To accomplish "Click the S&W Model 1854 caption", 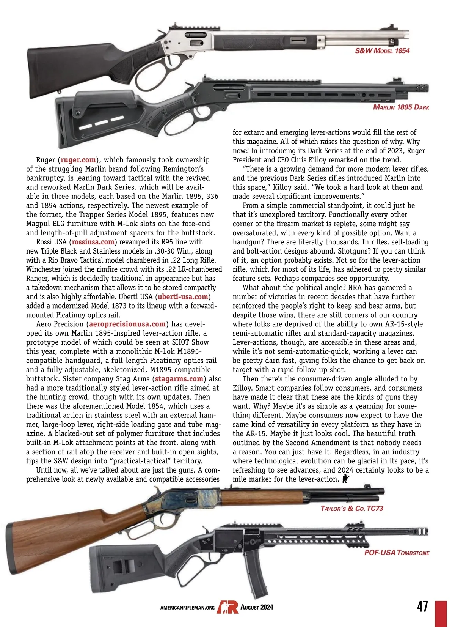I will pyautogui.click(x=382, y=51).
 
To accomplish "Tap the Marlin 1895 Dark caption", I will pyautogui.click(x=401, y=107).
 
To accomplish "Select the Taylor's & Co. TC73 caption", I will pyautogui.click(x=352, y=509).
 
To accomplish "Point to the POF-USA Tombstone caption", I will pyautogui.click(x=397, y=553).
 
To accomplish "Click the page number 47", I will pyautogui.click(x=422, y=607).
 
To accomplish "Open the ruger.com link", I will pyautogui.click(x=78, y=160).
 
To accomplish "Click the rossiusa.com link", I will pyautogui.click(x=93, y=242).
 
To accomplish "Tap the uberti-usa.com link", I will pyautogui.click(x=183, y=297).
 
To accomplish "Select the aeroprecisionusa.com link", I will pyautogui.click(x=127, y=324).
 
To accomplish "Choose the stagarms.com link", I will pyautogui.click(x=179, y=379).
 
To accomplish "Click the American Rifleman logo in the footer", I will pyautogui.click(x=227, y=607).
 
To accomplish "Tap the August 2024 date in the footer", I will pyautogui.click(x=257, y=607).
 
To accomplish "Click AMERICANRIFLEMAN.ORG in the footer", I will pyautogui.click(x=187, y=608).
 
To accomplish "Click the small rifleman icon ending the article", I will pyautogui.click(x=347, y=479).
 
